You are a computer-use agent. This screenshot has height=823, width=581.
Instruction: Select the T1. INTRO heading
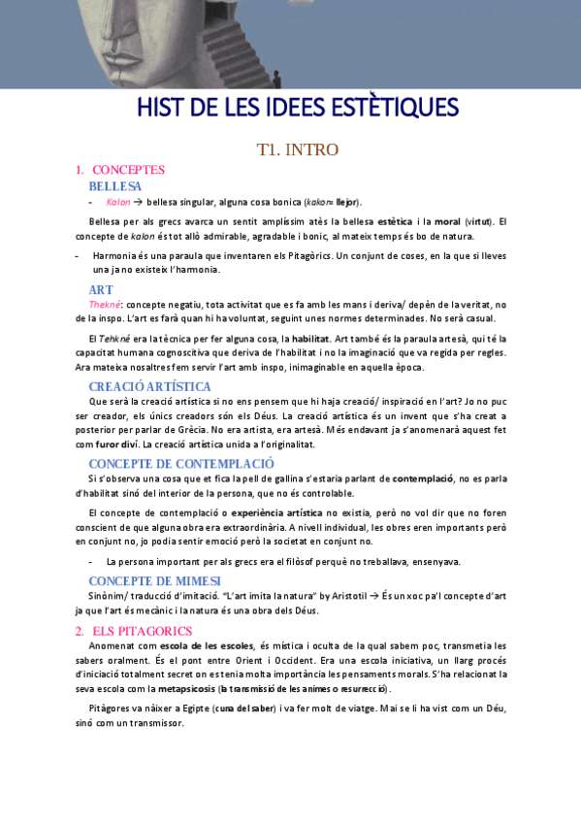click(297, 149)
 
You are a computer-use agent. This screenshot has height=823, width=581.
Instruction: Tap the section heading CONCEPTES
click(128, 170)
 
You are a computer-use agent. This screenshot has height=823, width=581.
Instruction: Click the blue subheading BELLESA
click(114, 185)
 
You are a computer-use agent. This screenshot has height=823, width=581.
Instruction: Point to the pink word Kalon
click(118, 202)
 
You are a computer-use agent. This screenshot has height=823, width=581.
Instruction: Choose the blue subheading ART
click(101, 289)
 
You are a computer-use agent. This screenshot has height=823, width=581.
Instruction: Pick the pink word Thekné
click(104, 304)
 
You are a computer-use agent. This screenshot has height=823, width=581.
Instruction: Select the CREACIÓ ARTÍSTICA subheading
click(149, 386)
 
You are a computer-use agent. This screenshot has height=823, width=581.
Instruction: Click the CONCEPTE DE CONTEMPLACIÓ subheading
click(181, 463)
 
